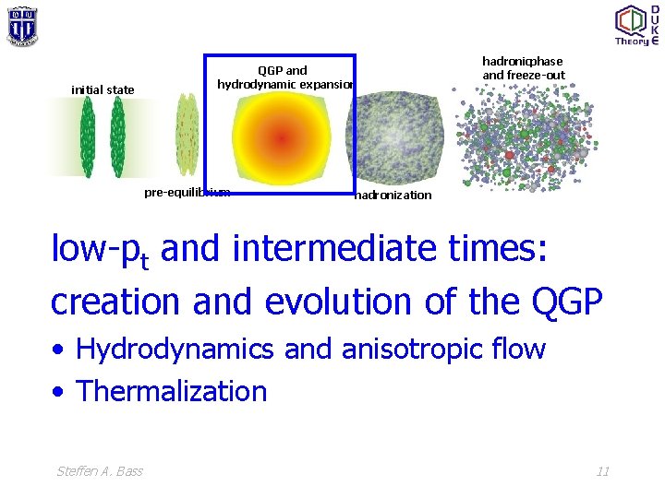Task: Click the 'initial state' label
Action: [x=103, y=89]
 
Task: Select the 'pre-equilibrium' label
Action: [x=187, y=192]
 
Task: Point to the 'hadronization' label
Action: [x=393, y=195]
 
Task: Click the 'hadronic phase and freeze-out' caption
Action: [x=523, y=67]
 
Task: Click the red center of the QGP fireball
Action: [x=280, y=138]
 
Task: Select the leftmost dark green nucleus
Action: [x=88, y=137]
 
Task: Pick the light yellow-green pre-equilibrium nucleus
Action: [x=187, y=137]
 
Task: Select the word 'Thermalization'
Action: [x=172, y=391]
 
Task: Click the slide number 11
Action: [x=602, y=471]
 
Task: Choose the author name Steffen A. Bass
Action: [x=100, y=471]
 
